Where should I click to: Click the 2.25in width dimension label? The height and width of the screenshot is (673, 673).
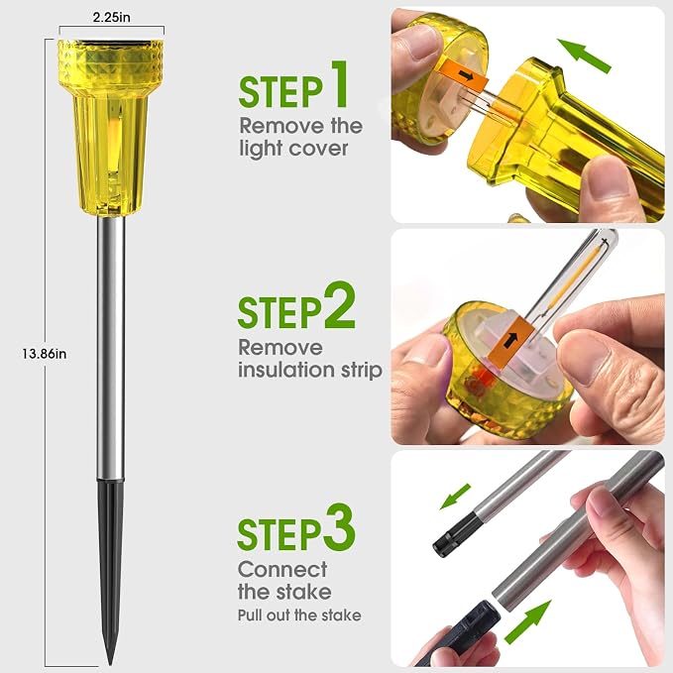[112, 17]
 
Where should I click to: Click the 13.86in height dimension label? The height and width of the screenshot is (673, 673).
[45, 354]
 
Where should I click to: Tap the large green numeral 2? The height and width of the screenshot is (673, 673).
[340, 306]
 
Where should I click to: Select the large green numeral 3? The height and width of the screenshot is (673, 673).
[340, 528]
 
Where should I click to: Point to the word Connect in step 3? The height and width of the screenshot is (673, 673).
[282, 570]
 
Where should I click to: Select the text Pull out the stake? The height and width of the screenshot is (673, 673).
[299, 616]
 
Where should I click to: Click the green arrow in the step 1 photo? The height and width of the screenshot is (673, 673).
[584, 56]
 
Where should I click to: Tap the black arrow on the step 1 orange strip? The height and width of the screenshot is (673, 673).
[466, 76]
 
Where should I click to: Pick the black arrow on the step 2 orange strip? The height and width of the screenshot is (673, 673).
[510, 339]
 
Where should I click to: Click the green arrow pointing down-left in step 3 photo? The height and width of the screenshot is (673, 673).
[456, 496]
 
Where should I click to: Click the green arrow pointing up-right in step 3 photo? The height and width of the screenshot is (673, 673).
[527, 621]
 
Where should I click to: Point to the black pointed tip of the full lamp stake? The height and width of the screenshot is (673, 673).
[111, 663]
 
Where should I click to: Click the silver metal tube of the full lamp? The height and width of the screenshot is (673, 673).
[111, 348]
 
